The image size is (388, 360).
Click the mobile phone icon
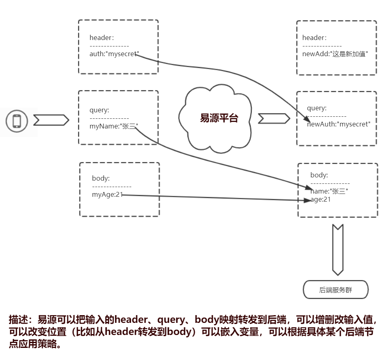coord(17,121)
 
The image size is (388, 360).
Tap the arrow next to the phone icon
coord(51,120)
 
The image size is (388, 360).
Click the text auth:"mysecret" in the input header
coord(114,54)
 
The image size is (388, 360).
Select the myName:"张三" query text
coord(114,126)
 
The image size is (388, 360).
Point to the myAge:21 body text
coord(107,195)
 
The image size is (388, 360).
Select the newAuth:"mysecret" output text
coord(338,124)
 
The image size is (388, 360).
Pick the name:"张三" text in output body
coord(329,192)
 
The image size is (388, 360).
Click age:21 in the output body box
coord(321,199)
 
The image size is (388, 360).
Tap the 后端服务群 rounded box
coord(335,290)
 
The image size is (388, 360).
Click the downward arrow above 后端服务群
coord(337,250)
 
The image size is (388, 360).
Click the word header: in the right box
coord(314,38)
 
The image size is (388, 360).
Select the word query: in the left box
coord(99,110)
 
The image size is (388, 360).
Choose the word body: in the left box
coord(101,178)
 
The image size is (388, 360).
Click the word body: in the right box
coord(319,175)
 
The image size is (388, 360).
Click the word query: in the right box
coord(317,108)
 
